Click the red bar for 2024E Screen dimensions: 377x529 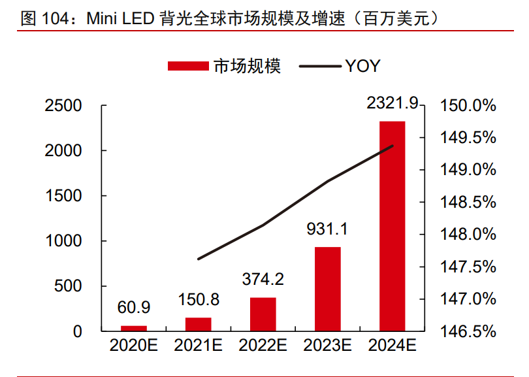(x=392, y=225)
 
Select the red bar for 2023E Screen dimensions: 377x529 (x=327, y=289)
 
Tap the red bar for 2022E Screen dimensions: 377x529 (x=263, y=314)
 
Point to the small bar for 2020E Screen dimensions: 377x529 (x=134, y=328)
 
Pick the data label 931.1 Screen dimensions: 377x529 (x=327, y=229)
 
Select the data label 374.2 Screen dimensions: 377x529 (x=263, y=280)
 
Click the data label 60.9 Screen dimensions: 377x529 (x=134, y=307)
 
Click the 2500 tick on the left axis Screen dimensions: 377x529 (x=63, y=106)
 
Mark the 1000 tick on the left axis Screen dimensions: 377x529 (x=63, y=241)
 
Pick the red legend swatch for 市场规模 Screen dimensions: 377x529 (x=187, y=66)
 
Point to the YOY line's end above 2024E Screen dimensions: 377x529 (x=392, y=146)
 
